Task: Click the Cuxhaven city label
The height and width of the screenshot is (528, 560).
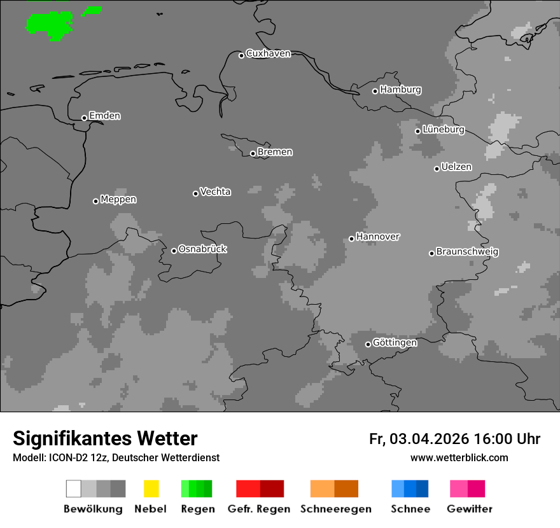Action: coord(268,53)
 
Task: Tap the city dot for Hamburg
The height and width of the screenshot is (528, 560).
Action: coord(375,91)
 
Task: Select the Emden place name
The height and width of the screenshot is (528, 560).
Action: coord(104,116)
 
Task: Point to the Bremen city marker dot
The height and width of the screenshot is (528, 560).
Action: coord(253,153)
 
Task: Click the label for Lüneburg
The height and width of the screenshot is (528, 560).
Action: coord(443,129)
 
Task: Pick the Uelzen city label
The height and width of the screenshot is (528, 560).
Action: coord(456,167)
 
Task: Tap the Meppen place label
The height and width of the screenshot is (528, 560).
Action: coord(118,199)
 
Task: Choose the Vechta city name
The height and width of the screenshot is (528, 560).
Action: coord(215,191)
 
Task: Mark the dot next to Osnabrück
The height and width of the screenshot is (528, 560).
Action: coord(174,251)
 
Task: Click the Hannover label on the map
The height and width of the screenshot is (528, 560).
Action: coord(377,237)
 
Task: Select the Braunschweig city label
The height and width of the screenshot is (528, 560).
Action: coord(467,251)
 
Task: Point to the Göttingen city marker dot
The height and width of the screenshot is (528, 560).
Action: coord(368,344)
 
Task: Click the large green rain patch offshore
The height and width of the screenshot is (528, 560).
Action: coord(50,24)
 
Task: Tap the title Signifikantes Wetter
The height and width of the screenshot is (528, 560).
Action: coord(105,438)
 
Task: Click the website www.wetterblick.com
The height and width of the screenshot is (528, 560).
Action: coord(459,457)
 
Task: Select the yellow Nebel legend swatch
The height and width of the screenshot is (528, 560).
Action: coord(151,489)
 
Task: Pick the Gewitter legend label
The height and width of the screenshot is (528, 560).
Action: coord(470,509)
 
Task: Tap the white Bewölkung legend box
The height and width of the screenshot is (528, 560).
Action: coord(73,489)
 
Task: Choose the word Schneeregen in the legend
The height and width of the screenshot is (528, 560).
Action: coord(335,509)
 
